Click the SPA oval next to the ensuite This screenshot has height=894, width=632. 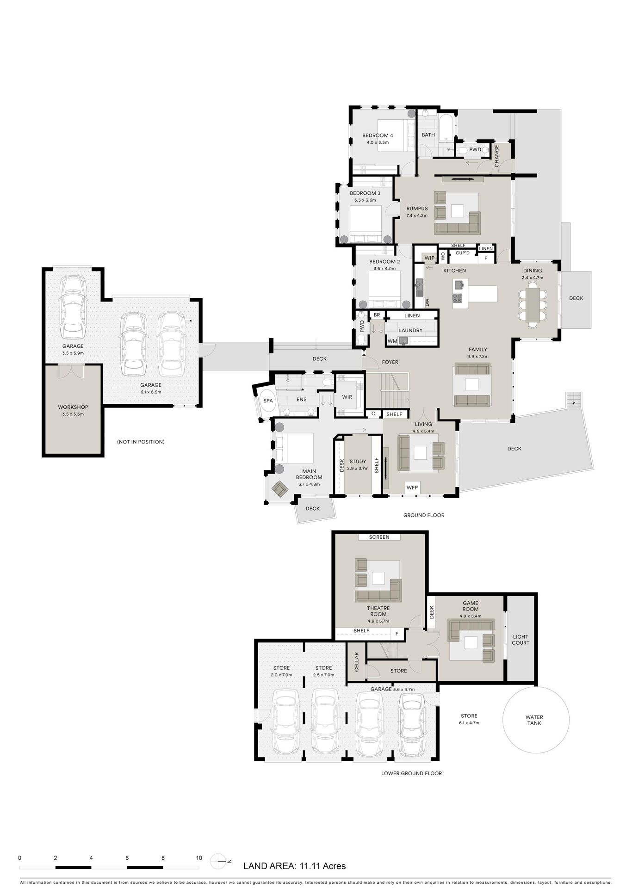point(268,401)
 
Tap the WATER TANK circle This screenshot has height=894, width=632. point(536,720)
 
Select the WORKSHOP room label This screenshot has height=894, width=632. point(73,407)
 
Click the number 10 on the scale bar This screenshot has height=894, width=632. point(199,858)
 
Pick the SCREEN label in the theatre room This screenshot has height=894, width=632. point(379,537)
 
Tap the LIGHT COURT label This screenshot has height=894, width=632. point(520,640)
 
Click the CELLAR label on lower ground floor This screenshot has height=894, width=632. point(357,662)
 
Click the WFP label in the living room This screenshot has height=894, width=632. point(412,487)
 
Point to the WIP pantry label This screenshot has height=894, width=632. point(429,258)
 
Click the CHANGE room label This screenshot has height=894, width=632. point(497,156)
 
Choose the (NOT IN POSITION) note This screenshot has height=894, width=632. point(141,442)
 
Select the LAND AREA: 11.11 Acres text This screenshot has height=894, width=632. point(294,866)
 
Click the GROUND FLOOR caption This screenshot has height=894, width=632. point(424,515)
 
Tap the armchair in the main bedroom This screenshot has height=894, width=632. point(279,489)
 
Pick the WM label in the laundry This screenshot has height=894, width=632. point(392,341)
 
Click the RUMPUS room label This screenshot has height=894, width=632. point(417,209)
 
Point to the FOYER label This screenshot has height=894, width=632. point(390,362)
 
